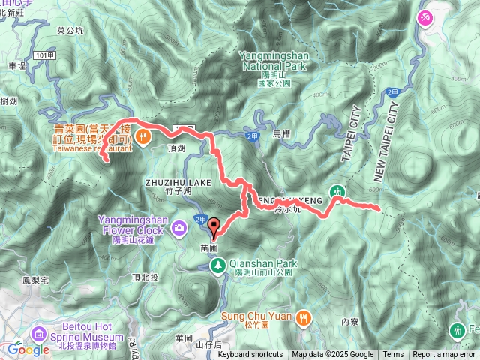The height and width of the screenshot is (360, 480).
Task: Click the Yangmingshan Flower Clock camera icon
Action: click(179, 226)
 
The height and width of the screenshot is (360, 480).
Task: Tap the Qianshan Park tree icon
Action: click(217, 264)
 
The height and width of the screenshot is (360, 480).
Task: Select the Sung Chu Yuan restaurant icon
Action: click(302, 316)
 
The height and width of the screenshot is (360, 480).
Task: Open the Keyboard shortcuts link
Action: click(250, 355)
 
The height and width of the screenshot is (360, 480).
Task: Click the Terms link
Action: click(393, 355)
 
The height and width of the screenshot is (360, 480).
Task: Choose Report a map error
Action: click(444, 355)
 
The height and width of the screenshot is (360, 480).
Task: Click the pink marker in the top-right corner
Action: click(427, 16)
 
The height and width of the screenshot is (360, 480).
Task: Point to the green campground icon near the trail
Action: click(339, 192)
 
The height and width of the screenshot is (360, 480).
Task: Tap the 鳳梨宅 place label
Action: click(35, 280)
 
